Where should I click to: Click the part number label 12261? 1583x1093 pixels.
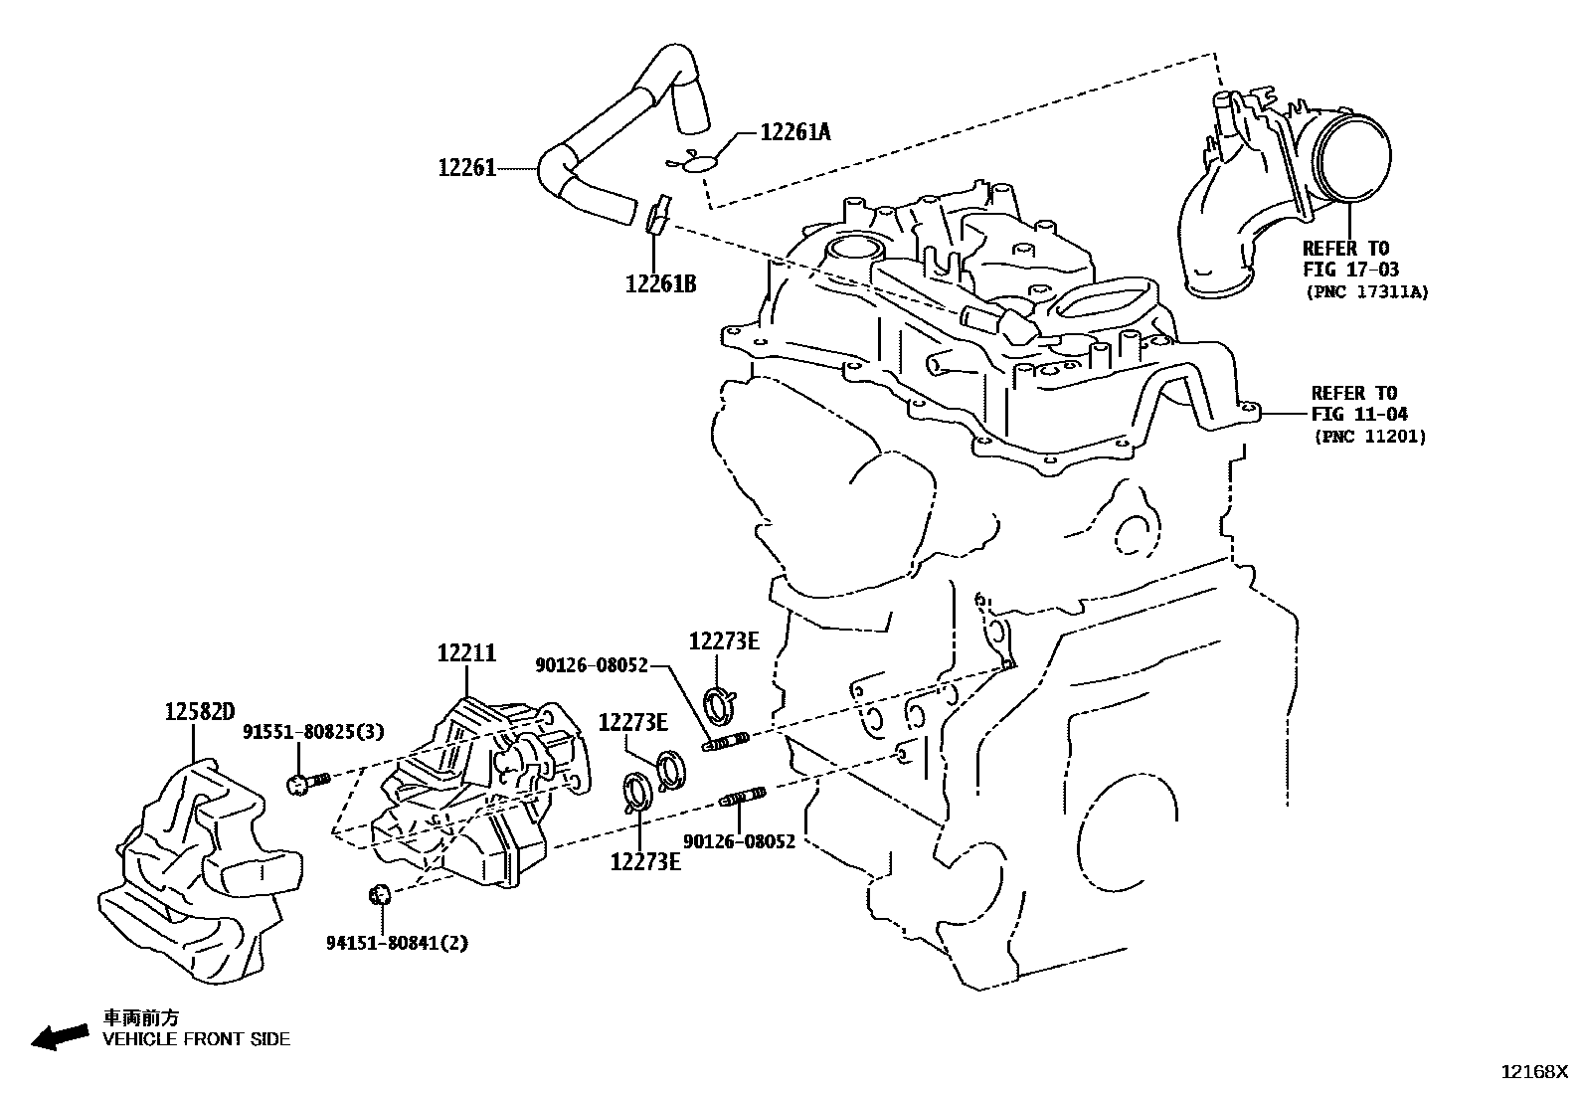click(x=466, y=169)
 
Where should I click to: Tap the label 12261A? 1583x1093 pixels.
click(x=794, y=131)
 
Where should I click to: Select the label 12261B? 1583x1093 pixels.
click(x=660, y=284)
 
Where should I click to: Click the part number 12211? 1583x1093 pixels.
click(x=465, y=653)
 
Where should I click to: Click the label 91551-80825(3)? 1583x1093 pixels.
click(x=313, y=732)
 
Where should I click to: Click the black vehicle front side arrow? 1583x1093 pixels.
click(x=59, y=1038)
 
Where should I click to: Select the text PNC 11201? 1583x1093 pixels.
click(x=1369, y=436)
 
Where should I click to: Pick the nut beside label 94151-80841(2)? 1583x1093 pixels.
click(x=378, y=894)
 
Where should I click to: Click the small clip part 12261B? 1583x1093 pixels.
click(x=656, y=217)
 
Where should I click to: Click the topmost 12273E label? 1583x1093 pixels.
click(x=724, y=641)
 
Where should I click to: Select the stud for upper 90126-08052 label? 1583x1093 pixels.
click(x=727, y=742)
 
